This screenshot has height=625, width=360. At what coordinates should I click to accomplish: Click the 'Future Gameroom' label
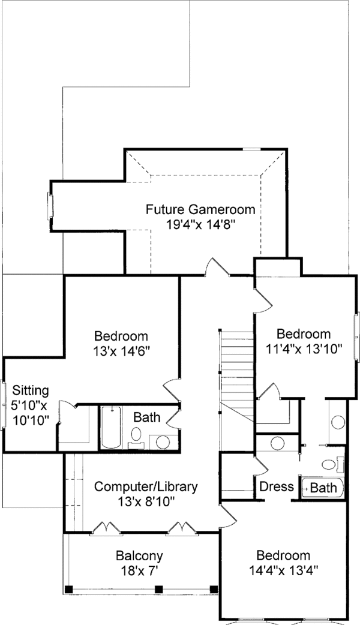(200, 210)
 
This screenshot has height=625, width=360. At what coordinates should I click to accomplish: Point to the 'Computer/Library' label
(146, 486)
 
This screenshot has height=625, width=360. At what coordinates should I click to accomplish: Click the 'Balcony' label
(139, 556)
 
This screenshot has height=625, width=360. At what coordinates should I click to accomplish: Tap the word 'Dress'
(277, 486)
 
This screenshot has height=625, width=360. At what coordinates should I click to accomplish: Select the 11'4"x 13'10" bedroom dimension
(303, 348)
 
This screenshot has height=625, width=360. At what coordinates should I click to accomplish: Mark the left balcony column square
(68, 588)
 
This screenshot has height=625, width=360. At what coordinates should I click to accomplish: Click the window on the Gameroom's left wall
(50, 205)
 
